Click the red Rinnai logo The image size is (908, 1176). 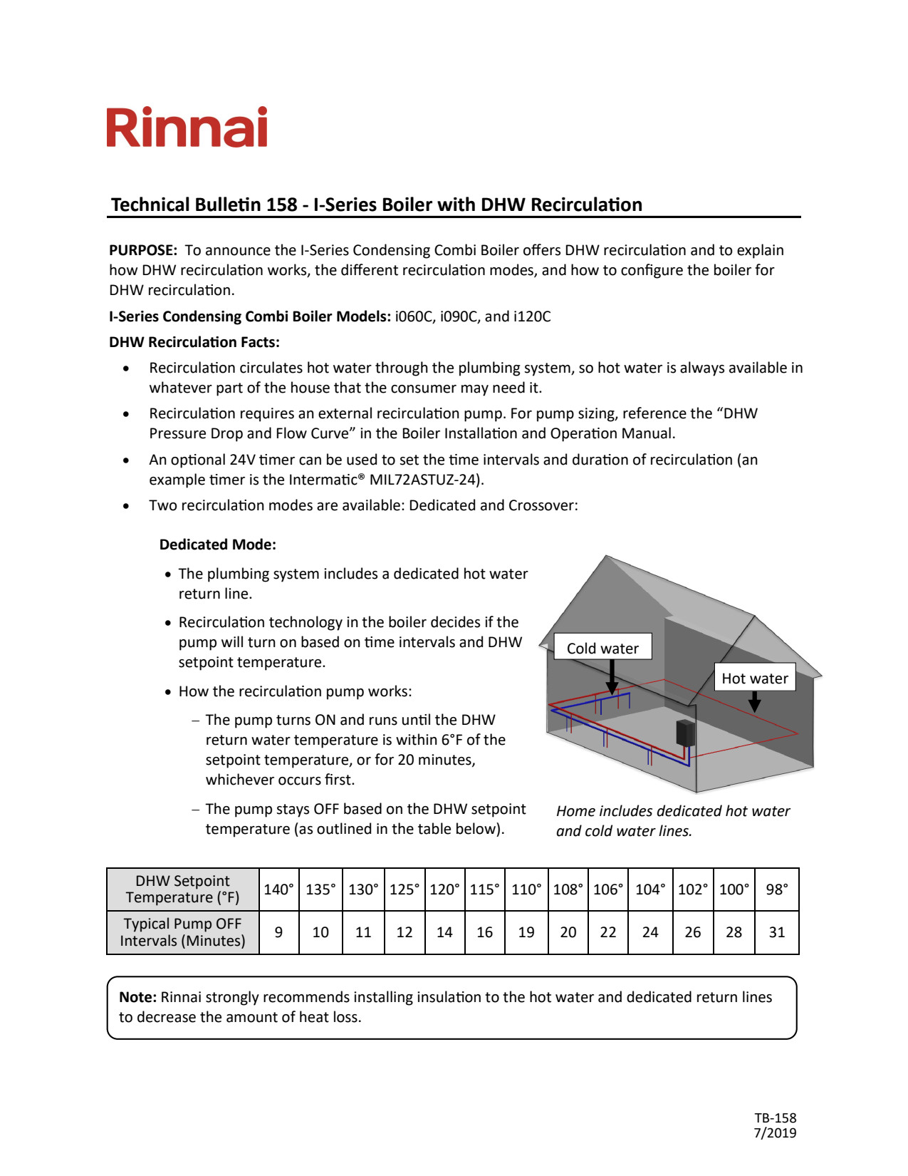(x=187, y=128)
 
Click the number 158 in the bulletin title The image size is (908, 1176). (x=281, y=205)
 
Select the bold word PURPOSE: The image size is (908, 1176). (x=143, y=251)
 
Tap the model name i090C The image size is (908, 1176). (x=457, y=316)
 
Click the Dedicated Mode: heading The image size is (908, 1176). (x=218, y=545)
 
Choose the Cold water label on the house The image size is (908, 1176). (x=602, y=648)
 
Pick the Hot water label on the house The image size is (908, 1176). (x=754, y=678)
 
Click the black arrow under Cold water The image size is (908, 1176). (x=612, y=677)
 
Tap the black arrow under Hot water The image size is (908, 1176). (x=755, y=702)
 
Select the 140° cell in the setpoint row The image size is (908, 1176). (x=278, y=889)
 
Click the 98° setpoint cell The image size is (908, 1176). (x=777, y=889)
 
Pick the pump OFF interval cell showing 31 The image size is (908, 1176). (x=777, y=932)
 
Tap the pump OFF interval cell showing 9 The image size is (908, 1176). (x=278, y=932)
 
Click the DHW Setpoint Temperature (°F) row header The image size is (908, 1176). (x=182, y=889)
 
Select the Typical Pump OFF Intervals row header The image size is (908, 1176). (x=182, y=932)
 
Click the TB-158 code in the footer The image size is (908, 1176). (x=776, y=1118)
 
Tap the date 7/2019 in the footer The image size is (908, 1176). (x=776, y=1133)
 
